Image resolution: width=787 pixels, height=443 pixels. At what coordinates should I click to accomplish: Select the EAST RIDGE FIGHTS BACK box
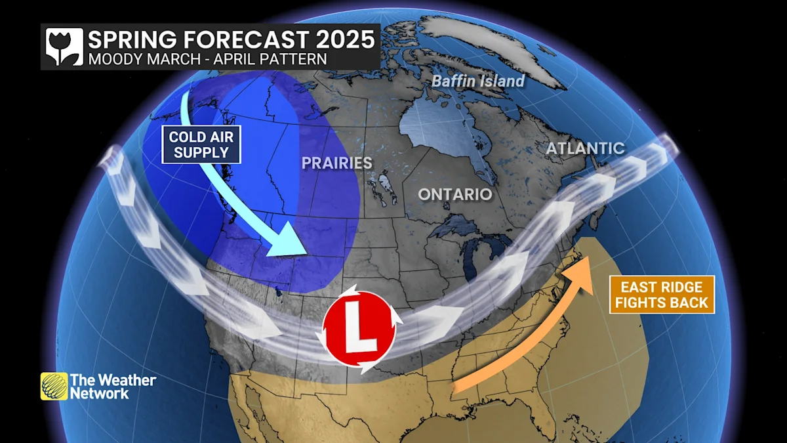[x=662, y=295]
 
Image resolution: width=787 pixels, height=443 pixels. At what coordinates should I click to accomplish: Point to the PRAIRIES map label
[x=336, y=163]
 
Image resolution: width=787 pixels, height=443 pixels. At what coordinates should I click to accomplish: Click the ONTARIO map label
[x=455, y=194]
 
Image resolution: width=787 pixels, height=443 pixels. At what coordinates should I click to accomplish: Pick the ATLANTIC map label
[x=585, y=148]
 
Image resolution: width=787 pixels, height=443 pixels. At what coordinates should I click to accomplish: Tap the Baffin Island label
[x=477, y=81]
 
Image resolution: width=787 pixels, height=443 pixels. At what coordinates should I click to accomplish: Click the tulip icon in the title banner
[x=64, y=46]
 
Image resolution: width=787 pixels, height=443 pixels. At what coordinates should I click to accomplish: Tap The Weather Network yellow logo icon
[x=54, y=386]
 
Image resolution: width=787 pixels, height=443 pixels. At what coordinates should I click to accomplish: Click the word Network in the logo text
[x=100, y=393]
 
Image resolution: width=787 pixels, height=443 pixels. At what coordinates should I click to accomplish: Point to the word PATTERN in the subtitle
[x=292, y=58]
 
